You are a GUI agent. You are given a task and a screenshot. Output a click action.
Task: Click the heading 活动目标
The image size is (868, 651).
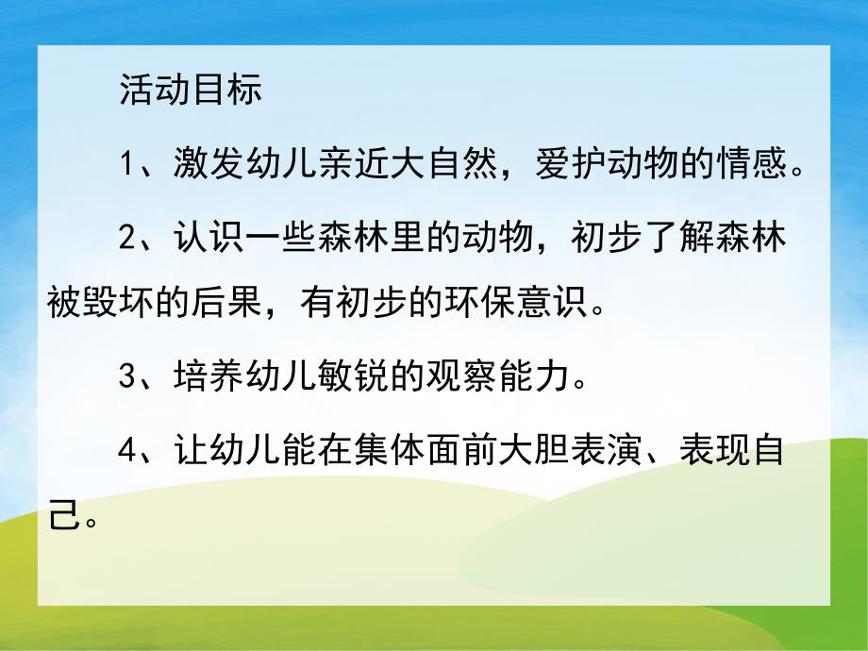click(190, 92)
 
